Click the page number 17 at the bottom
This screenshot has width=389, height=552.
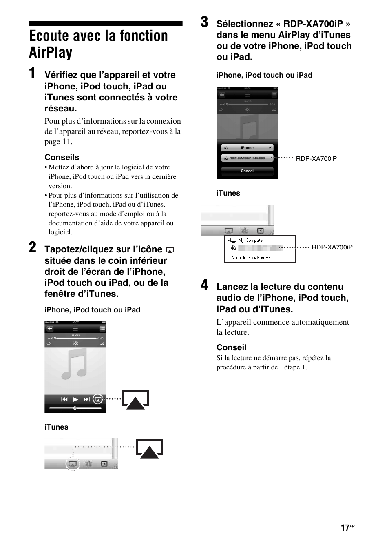pyautogui.click(x=345, y=528)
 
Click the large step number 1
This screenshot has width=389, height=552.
pyautogui.click(x=32, y=73)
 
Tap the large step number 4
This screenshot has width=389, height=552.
pyautogui.click(x=204, y=285)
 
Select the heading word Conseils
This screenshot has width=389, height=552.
pyautogui.click(x=62, y=157)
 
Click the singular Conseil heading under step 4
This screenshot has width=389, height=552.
pyautogui.click(x=231, y=347)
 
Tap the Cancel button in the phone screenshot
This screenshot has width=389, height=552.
pyautogui.click(x=247, y=171)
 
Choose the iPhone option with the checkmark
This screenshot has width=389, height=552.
pyautogui.click(x=247, y=148)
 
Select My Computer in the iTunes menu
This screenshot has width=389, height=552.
pyautogui.click(x=250, y=240)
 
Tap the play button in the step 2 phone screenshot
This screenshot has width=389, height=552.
pyautogui.click(x=75, y=399)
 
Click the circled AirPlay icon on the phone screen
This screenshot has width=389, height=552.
pyautogui.click(x=97, y=399)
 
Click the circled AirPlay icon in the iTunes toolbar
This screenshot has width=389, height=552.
pyautogui.click(x=72, y=464)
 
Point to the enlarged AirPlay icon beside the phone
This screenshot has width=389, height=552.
pyautogui.click(x=136, y=400)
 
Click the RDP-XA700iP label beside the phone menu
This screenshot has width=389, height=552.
pyautogui.click(x=316, y=158)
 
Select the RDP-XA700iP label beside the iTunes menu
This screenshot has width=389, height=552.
pyautogui.click(x=332, y=247)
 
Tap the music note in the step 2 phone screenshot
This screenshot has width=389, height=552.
pyautogui.click(x=75, y=365)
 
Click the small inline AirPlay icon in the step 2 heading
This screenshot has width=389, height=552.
pyautogui.click(x=170, y=250)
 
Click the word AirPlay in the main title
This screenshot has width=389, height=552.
pyautogui.click(x=51, y=53)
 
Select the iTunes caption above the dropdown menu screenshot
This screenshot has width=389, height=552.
pyautogui.click(x=228, y=193)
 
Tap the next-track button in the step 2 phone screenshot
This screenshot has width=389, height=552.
pyautogui.click(x=86, y=399)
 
